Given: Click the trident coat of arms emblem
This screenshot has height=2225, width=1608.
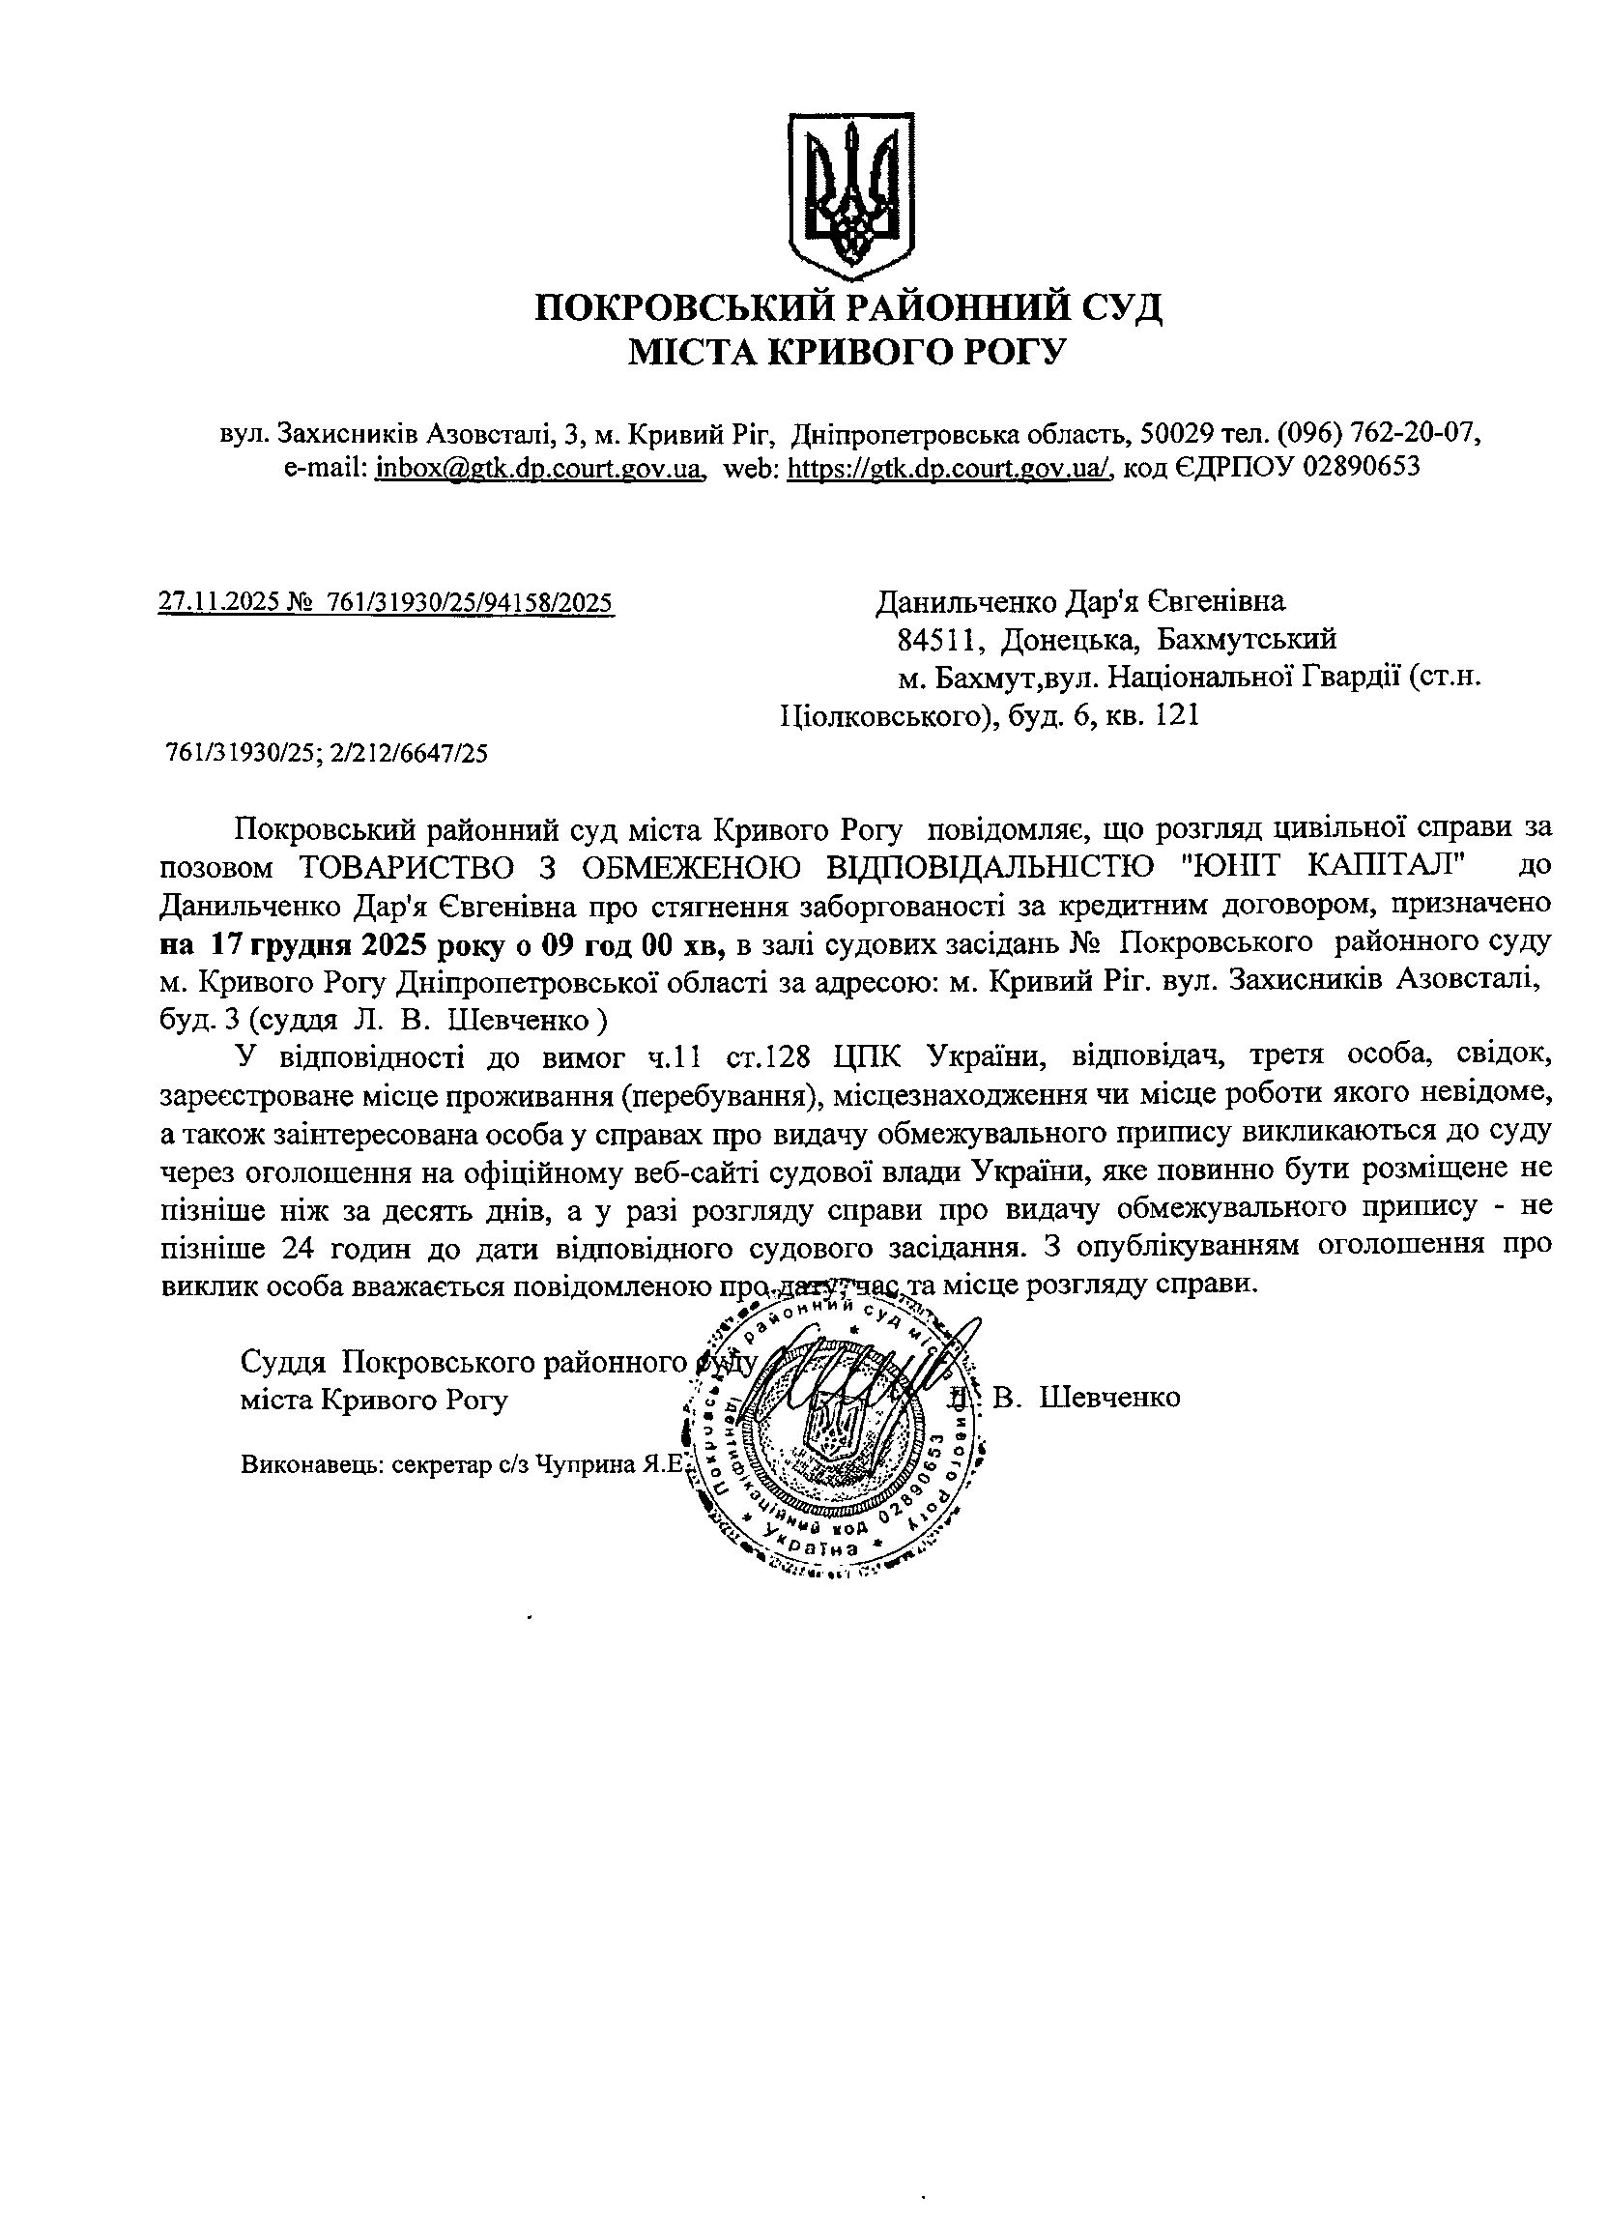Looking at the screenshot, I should (x=851, y=195).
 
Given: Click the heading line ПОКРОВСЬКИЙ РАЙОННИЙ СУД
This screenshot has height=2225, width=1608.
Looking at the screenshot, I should (x=849, y=308).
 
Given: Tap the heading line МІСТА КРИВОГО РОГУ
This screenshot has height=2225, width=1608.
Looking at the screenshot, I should (x=846, y=351).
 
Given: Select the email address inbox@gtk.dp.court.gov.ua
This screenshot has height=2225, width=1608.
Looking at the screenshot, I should (x=539, y=468).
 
